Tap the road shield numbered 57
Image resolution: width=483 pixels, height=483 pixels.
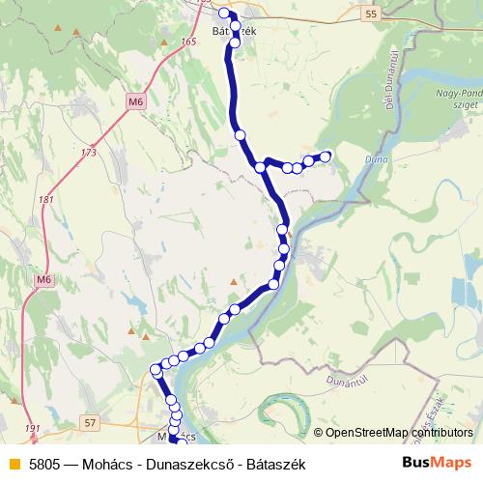(x=91, y=423)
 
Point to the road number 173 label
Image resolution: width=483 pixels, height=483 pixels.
(x=90, y=153)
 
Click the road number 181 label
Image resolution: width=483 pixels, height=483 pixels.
(x=45, y=200)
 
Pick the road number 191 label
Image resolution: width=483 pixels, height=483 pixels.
(x=34, y=428)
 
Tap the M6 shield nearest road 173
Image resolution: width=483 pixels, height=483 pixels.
(x=134, y=99)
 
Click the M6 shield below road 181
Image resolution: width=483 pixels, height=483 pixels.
(x=42, y=279)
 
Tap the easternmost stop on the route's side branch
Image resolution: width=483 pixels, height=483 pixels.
(x=326, y=156)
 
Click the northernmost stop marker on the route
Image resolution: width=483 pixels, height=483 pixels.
(x=224, y=13)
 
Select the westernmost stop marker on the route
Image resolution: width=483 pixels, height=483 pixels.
(x=156, y=369)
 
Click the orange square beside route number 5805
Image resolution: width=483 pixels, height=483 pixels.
(x=14, y=465)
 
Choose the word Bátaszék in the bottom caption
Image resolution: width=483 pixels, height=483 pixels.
(x=274, y=465)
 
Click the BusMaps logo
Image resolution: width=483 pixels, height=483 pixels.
(x=436, y=464)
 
